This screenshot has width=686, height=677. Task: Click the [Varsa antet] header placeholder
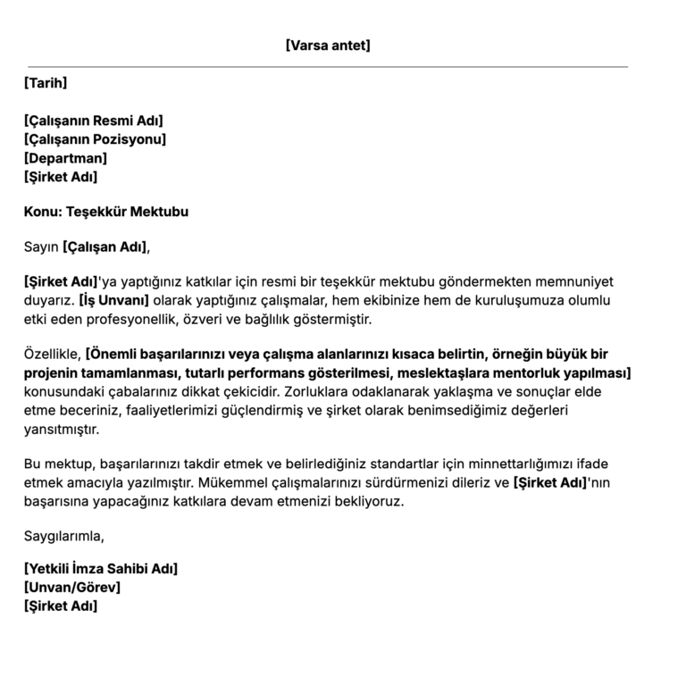(x=328, y=45)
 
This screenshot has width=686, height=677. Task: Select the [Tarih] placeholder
(x=46, y=84)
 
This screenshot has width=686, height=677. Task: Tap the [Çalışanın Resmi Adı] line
(x=94, y=121)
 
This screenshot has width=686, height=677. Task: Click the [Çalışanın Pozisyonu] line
(x=95, y=139)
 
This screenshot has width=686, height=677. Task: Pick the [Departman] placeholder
(x=66, y=158)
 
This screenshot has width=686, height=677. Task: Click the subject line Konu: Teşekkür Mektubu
(x=106, y=213)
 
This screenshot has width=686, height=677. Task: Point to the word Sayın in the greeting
(x=41, y=247)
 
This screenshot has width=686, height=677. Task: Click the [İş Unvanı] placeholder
(x=113, y=300)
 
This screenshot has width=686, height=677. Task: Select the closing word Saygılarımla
(x=64, y=536)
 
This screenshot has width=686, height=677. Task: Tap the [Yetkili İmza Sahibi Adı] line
(x=101, y=569)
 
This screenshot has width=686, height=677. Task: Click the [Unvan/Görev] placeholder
(x=72, y=588)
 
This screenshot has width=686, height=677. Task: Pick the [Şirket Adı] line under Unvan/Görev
(x=61, y=606)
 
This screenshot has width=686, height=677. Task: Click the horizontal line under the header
(x=328, y=67)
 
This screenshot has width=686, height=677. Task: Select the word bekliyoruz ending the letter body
(x=367, y=501)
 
